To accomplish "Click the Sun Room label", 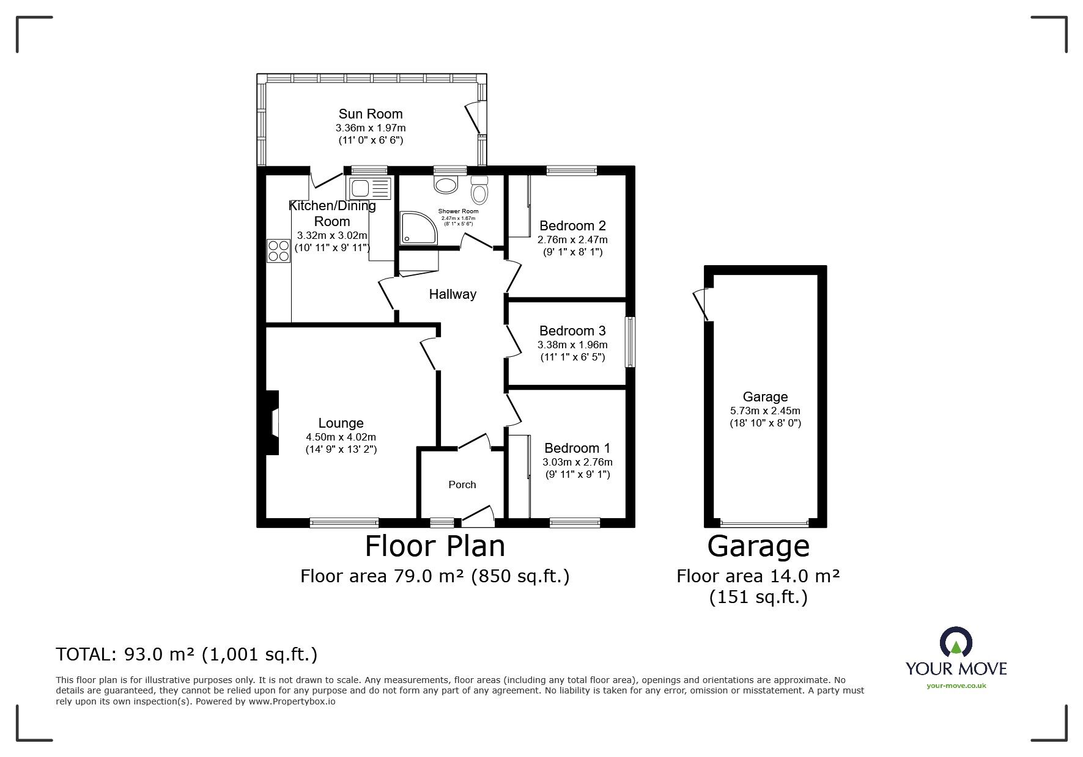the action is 371,114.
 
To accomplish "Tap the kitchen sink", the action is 368,188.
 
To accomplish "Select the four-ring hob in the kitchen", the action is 278,251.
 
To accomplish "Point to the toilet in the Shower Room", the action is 479,190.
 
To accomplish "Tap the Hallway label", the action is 453,294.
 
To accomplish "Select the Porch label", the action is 462,485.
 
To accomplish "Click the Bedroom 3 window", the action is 630,342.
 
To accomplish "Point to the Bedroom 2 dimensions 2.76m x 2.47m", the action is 572,240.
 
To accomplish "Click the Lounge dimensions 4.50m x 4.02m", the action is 341,437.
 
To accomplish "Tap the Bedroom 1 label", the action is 577,448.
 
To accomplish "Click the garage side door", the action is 702,304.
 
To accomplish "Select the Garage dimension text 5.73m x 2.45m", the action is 765,411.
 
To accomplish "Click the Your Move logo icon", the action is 956,642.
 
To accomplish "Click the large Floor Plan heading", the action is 435,546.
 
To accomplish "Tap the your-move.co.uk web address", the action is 956,686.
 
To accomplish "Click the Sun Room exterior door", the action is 474,119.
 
